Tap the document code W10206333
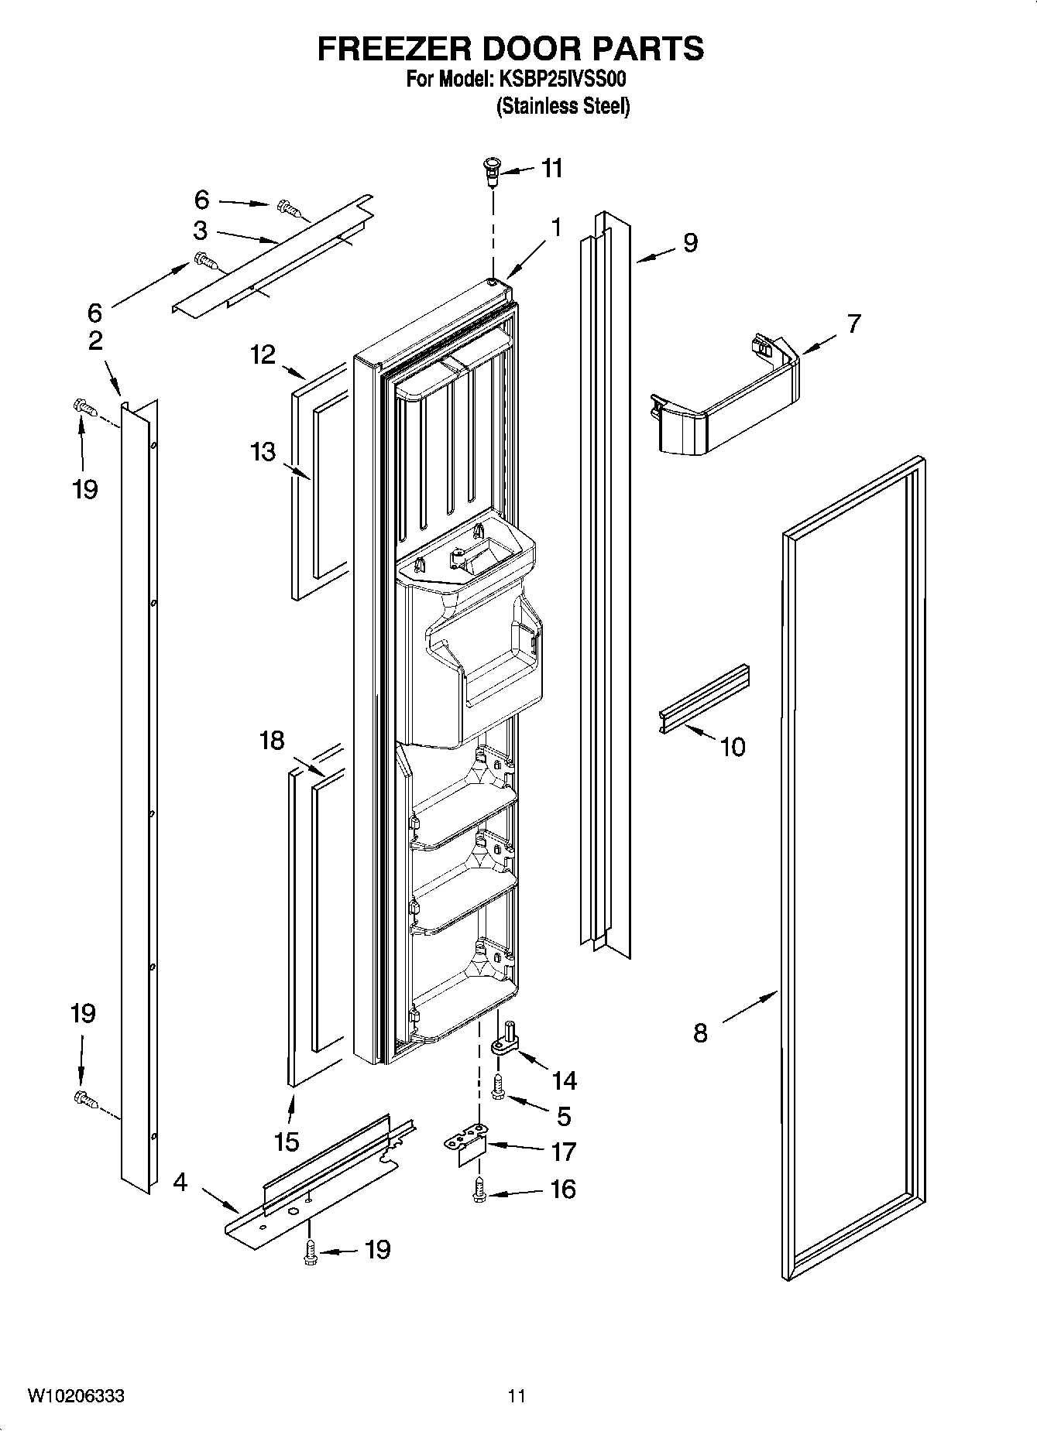76,1395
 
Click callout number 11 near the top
551,168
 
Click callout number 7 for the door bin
853,324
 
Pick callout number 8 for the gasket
700,1032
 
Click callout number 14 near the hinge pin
564,1080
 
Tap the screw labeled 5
498,1088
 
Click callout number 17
563,1152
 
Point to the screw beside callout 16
478,1190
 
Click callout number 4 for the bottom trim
180,1183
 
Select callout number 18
272,741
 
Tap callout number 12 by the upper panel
263,354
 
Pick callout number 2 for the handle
95,341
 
